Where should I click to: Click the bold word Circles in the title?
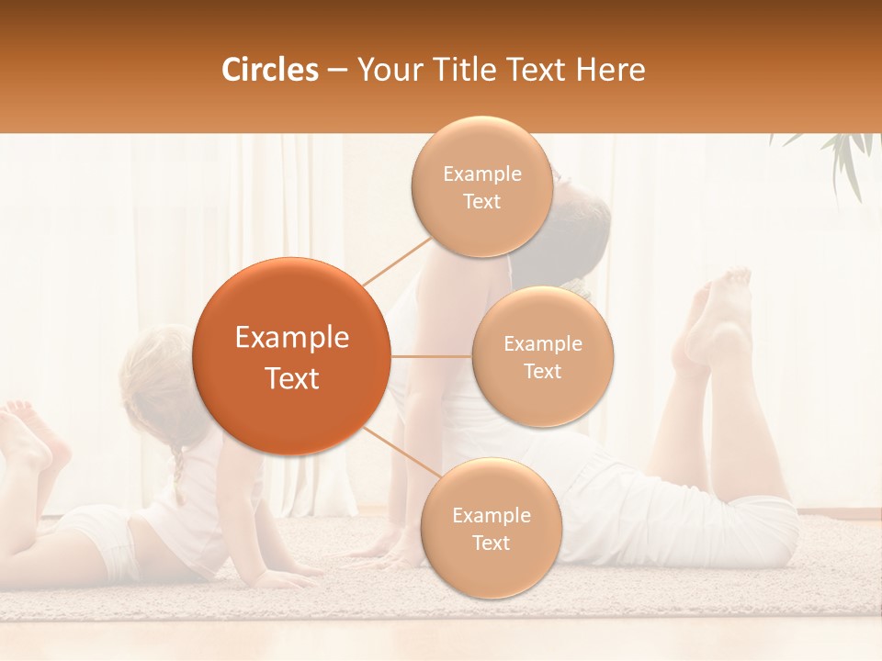point(270,70)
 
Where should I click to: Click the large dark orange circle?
point(290,356)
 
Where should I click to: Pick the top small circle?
point(481,186)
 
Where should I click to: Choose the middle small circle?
point(542,356)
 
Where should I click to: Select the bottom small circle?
point(491,528)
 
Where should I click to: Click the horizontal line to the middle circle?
point(431,356)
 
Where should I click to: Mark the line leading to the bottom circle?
point(401,454)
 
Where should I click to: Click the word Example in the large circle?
point(291,337)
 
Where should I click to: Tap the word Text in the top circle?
point(481,201)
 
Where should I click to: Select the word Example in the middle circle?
point(542,343)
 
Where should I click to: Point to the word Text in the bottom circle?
point(491,543)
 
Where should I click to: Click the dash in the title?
point(337,71)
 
